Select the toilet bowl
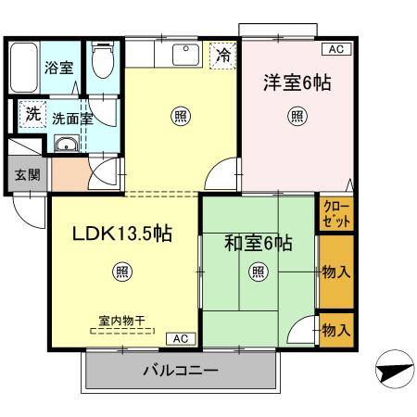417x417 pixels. click(x=103, y=63)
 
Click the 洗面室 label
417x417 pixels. click(x=70, y=118)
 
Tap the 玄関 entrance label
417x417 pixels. click(x=27, y=176)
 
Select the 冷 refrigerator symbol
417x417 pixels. click(x=222, y=56)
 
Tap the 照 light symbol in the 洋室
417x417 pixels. click(x=296, y=116)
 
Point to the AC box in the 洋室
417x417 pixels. click(x=335, y=48)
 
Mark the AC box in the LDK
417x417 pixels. click(x=180, y=339)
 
